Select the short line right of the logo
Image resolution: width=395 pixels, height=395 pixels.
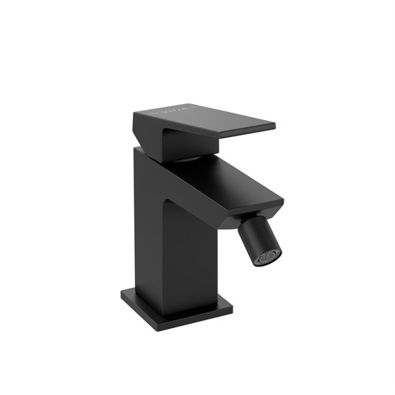click(188, 110)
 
